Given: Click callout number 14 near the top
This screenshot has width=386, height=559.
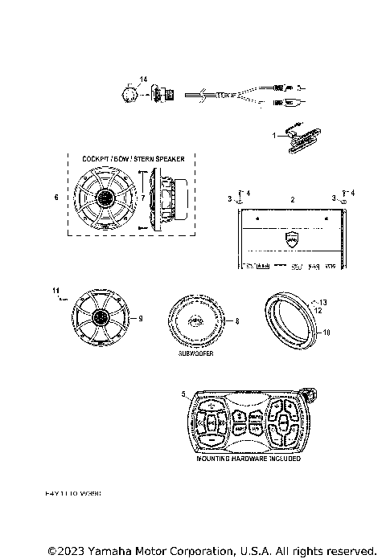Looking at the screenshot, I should click(143, 79).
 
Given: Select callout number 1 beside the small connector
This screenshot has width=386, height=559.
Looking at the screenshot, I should click(273, 136).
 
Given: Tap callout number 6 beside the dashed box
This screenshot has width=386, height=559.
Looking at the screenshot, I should click(55, 196).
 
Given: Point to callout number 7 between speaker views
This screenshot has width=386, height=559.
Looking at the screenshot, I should click(143, 197).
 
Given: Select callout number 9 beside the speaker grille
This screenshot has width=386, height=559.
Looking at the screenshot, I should click(141, 319).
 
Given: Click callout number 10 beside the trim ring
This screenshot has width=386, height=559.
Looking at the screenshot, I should click(326, 331).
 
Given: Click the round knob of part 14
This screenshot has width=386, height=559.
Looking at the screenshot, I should click(129, 93).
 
